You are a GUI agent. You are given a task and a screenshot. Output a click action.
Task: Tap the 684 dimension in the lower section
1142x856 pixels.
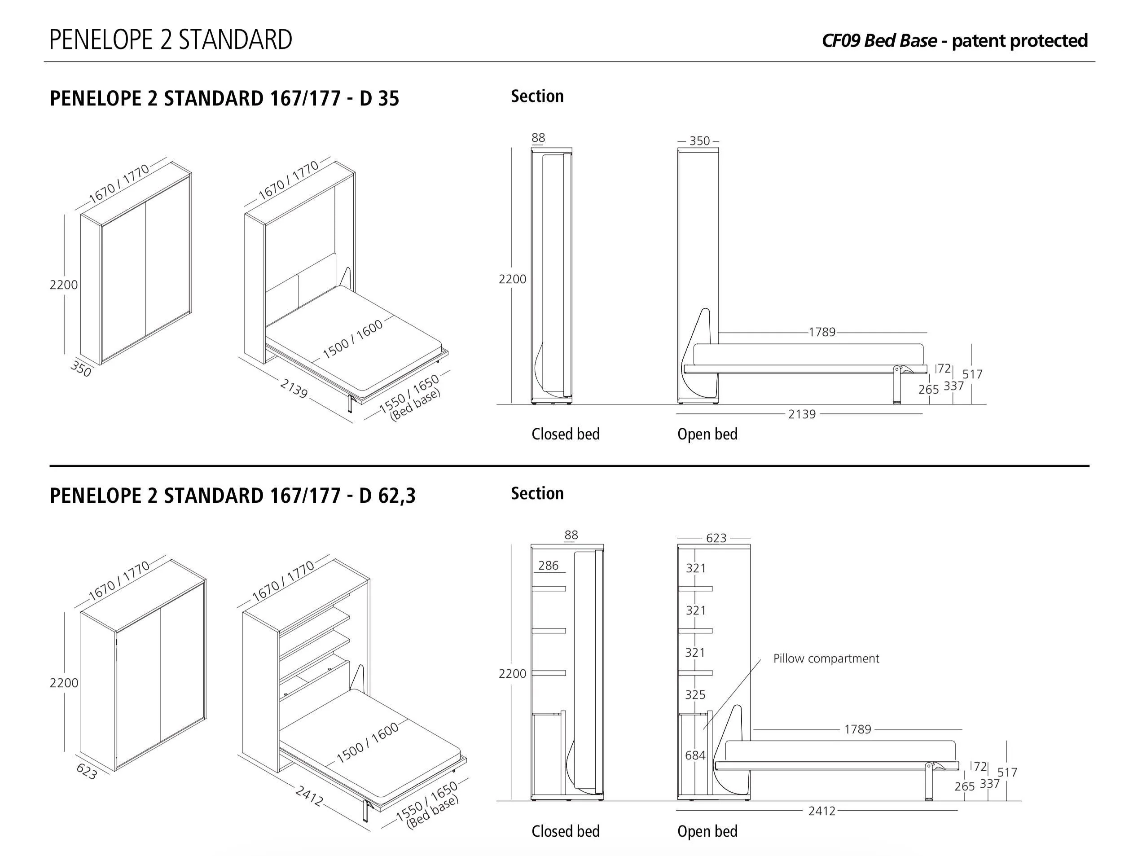[x=695, y=755]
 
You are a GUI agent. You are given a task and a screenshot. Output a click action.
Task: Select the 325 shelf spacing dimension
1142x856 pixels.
[x=695, y=694]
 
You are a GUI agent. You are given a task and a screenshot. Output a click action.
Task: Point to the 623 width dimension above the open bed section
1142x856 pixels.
[x=716, y=538]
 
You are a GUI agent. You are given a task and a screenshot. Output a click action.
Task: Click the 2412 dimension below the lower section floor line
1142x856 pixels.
[x=821, y=811]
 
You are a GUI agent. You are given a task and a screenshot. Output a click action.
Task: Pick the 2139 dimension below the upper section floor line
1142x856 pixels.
[x=801, y=414]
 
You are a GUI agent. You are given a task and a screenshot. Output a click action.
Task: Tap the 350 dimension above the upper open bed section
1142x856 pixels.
[x=699, y=141]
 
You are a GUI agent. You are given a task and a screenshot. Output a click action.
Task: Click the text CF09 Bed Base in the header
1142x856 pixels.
[x=878, y=40]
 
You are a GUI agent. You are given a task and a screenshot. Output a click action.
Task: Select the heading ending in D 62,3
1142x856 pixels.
[x=233, y=496]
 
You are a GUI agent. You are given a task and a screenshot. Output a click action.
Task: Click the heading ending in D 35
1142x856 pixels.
[x=224, y=98]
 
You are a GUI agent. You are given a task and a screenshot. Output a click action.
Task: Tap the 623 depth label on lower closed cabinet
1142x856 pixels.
[x=87, y=771]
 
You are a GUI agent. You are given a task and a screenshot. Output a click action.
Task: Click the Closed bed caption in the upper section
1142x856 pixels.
[x=565, y=434]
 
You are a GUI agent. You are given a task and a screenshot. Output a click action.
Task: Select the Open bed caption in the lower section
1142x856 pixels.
[x=707, y=831]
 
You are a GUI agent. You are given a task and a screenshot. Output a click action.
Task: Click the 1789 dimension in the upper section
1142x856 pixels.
[x=822, y=332]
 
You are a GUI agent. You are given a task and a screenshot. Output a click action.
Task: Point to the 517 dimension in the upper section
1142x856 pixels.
[x=972, y=374]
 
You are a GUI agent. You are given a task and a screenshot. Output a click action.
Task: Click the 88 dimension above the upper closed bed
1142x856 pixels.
[x=538, y=137]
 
